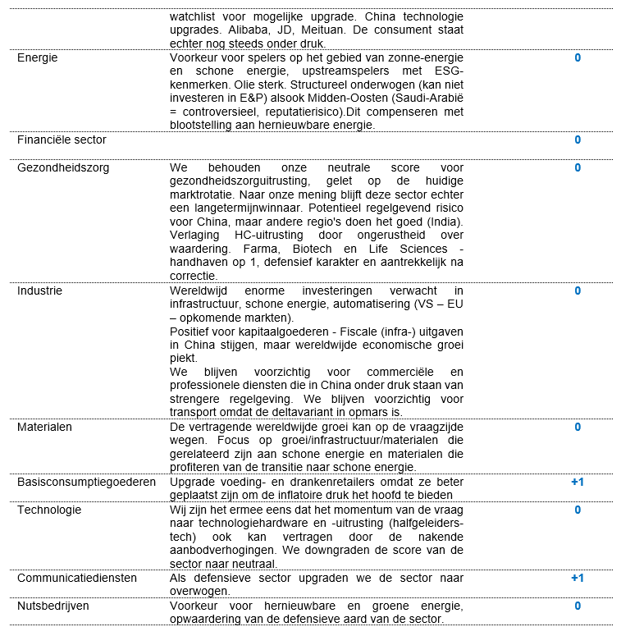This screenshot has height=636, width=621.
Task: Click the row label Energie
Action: tap(38, 58)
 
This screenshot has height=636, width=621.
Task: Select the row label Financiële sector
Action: tap(62, 140)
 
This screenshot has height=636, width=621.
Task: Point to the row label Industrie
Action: tap(39, 291)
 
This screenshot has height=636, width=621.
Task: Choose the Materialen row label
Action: tap(44, 427)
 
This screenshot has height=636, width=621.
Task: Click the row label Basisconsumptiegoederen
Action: tap(86, 482)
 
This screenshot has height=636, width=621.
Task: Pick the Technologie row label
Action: tap(49, 510)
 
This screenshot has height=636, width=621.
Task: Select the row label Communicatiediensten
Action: tap(77, 578)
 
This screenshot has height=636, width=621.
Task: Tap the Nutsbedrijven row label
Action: tap(53, 606)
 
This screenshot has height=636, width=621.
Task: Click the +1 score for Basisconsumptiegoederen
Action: tap(578, 482)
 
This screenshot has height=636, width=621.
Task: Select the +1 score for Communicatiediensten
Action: tap(578, 578)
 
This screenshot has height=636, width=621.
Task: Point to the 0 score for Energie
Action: tap(578, 58)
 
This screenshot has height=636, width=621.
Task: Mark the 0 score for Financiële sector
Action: tap(578, 140)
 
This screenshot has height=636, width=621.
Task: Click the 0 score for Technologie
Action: tap(578, 510)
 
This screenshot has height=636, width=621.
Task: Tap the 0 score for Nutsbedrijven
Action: tap(578, 606)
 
